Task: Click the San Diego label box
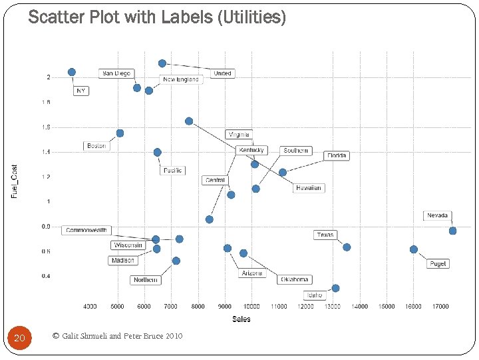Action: pyautogui.click(x=116, y=73)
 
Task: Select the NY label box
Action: pyautogui.click(x=80, y=91)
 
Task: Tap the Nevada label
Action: pyautogui.click(x=437, y=216)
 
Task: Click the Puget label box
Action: pyautogui.click(x=438, y=263)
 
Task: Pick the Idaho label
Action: pyautogui.click(x=314, y=295)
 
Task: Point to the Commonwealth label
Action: pyautogui.click(x=86, y=230)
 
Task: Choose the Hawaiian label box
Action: pyautogui.click(x=308, y=188)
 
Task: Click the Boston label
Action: pyautogui.click(x=96, y=145)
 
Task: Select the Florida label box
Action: pyautogui.click(x=337, y=155)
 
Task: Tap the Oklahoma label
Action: pyautogui.click(x=294, y=279)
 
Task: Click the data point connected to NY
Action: pyautogui.click(x=72, y=72)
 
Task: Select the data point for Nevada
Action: pyautogui.click(x=452, y=231)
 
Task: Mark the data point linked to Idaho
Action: pyautogui.click(x=335, y=288)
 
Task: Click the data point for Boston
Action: pyautogui.click(x=120, y=133)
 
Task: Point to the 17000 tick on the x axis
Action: pyautogui.click(x=440, y=307)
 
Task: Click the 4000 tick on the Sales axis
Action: pyautogui.click(x=90, y=307)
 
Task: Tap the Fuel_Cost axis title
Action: pyautogui.click(x=15, y=181)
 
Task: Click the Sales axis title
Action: pyautogui.click(x=241, y=319)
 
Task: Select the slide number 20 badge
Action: pyautogui.click(x=19, y=339)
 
